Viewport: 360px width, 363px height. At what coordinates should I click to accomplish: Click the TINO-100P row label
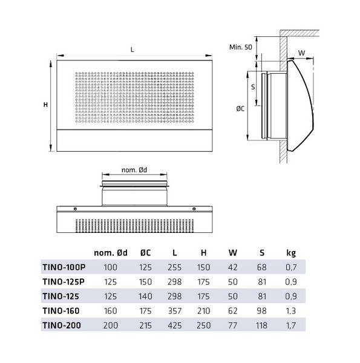click(64, 267)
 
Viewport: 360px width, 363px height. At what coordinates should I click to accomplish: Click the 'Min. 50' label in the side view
click(241, 47)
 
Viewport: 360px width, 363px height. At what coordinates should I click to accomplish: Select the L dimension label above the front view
click(133, 50)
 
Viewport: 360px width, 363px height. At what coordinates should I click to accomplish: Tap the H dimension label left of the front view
click(45, 104)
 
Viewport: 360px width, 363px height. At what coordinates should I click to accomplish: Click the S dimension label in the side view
click(254, 87)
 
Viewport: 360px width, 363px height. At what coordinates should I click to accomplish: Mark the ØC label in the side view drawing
click(240, 110)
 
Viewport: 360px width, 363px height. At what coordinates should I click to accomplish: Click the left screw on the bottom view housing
click(74, 209)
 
